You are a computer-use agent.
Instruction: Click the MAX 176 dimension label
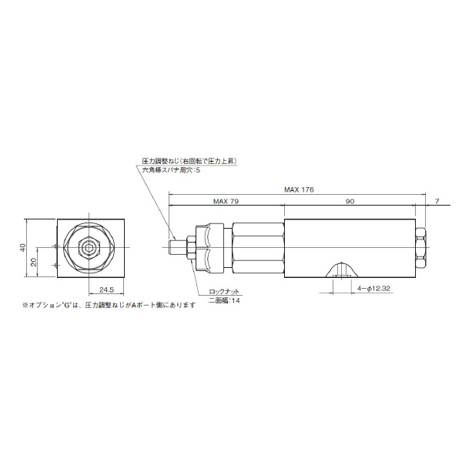(299, 189)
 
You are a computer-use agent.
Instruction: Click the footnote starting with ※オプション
(109, 306)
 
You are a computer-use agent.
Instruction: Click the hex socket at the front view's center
(91, 246)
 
